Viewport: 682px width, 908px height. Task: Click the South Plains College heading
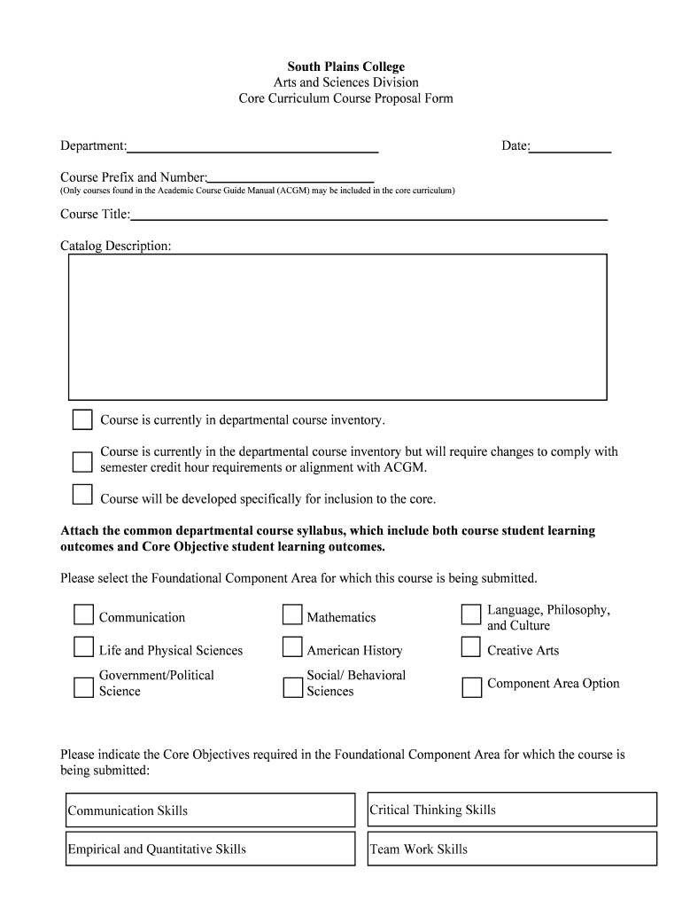[345, 67]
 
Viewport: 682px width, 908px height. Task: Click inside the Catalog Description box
[337, 326]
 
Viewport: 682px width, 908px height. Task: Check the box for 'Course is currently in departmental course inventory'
[82, 419]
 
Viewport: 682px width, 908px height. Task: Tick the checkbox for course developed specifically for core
[82, 495]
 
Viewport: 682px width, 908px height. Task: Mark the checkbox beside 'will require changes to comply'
[82, 461]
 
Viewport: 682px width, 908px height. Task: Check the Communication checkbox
[84, 615]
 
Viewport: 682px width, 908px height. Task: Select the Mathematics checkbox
[292, 615]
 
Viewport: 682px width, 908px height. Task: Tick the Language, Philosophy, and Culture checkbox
[471, 615]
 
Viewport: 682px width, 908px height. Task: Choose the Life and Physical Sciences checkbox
[84, 647]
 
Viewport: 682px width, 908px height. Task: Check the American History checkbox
[292, 647]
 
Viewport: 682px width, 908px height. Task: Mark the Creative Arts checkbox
[471, 647]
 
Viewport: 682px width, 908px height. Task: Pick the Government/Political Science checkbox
[84, 687]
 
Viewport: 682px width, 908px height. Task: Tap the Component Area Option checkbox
[471, 687]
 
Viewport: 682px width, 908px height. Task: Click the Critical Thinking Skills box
[512, 810]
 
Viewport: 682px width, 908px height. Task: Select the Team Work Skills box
[512, 849]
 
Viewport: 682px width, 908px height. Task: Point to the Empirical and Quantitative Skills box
[210, 849]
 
